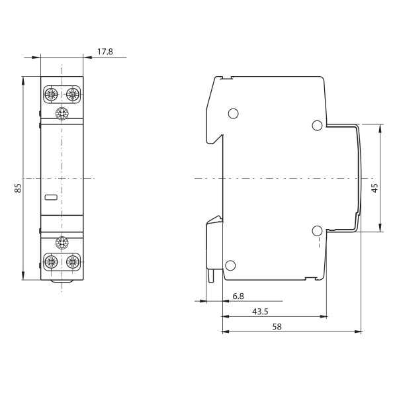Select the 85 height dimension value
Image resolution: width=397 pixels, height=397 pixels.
(x=18, y=188)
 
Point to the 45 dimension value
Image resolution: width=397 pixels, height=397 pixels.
(x=375, y=189)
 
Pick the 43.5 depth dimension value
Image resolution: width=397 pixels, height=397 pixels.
(x=259, y=310)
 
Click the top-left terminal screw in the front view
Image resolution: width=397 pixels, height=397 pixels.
(x=50, y=94)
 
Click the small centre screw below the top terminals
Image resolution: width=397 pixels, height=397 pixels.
(x=62, y=113)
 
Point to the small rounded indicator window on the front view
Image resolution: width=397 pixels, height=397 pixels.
(x=50, y=197)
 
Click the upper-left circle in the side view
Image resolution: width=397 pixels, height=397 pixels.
(x=232, y=114)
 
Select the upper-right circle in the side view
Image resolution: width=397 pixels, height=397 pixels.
(x=317, y=125)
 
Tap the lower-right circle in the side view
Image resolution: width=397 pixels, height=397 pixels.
(x=317, y=231)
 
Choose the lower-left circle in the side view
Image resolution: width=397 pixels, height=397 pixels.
(x=230, y=266)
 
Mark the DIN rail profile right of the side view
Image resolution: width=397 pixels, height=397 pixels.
(x=358, y=179)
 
